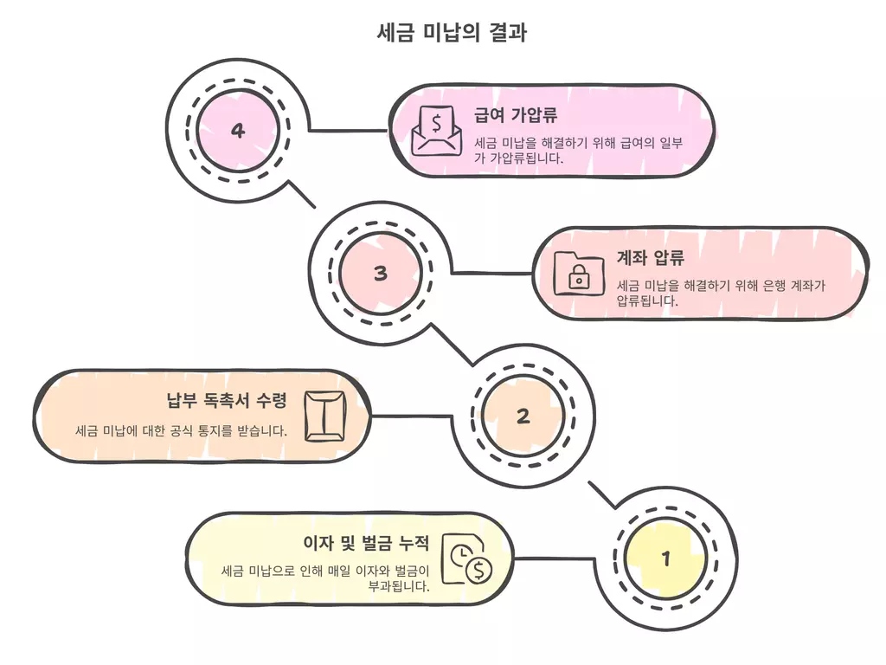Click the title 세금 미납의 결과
click(x=453, y=33)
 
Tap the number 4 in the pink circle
click(x=238, y=131)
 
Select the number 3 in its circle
click(x=381, y=274)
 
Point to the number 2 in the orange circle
click(x=523, y=416)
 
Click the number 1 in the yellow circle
click(x=665, y=558)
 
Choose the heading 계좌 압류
click(x=650, y=258)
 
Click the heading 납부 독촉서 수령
click(x=226, y=400)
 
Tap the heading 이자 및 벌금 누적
click(x=366, y=543)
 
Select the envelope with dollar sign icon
click(x=436, y=131)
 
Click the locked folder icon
click(x=578, y=273)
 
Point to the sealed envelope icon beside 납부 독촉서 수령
click(x=325, y=416)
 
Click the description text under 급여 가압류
click(x=578, y=150)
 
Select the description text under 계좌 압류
click(x=721, y=293)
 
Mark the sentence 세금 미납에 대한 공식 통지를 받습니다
click(x=181, y=430)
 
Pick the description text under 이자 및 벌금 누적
click(x=325, y=578)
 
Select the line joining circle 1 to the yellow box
click(x=555, y=558)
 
